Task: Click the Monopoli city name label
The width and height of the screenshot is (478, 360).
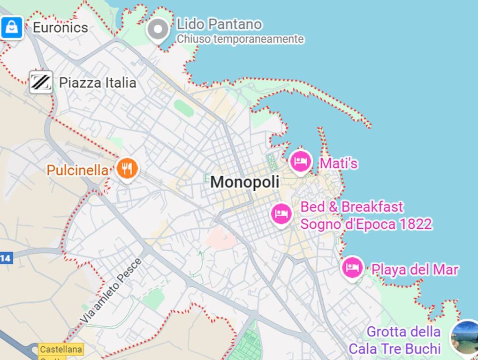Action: [x=244, y=182]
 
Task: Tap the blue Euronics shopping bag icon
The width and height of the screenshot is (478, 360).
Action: [x=12, y=28]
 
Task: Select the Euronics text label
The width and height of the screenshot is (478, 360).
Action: [x=60, y=28]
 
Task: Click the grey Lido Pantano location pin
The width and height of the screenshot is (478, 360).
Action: [x=158, y=30]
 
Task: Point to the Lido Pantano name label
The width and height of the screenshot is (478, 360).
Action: [x=219, y=24]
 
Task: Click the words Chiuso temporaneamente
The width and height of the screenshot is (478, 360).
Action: [x=240, y=39]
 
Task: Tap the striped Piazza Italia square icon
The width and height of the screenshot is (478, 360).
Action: [x=41, y=82]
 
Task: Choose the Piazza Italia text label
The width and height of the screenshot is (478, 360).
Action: [x=98, y=83]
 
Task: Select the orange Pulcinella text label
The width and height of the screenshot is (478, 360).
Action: [x=77, y=170]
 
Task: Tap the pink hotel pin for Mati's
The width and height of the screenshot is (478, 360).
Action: [x=301, y=162]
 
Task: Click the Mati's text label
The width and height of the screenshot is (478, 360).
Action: [x=339, y=164]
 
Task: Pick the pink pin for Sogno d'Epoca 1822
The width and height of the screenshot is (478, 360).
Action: [x=281, y=214]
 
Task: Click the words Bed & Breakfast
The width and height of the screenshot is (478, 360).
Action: [x=352, y=207]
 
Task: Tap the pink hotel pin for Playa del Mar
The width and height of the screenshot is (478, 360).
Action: [x=352, y=268]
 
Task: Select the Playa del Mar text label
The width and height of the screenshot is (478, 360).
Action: [x=415, y=270]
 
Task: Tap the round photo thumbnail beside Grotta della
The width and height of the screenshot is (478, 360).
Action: [x=465, y=337]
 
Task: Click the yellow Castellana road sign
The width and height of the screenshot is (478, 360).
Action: [x=61, y=349]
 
